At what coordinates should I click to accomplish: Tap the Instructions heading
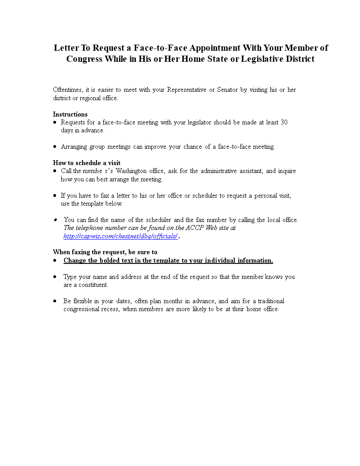click(70, 114)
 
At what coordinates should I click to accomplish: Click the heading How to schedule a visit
click(86, 163)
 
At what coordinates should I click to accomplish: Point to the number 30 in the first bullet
click(284, 122)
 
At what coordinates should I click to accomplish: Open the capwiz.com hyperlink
click(120, 236)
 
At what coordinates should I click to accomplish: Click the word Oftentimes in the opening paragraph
click(67, 90)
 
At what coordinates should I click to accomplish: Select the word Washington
click(135, 171)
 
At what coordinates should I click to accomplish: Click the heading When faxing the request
click(105, 252)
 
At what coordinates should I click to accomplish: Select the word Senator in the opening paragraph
click(227, 90)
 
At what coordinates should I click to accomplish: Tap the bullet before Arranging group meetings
click(55, 147)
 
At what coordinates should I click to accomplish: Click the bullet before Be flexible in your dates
click(55, 301)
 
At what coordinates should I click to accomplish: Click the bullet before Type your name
click(55, 277)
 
